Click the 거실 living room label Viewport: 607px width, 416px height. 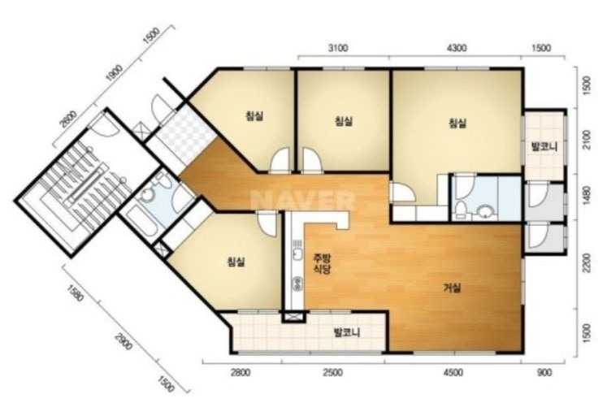click(x=452, y=288)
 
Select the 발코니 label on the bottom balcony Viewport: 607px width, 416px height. click(x=347, y=332)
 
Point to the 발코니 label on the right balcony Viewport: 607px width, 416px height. click(x=544, y=147)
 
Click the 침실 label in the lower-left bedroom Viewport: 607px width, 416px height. click(x=236, y=262)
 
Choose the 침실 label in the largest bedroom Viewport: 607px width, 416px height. click(x=457, y=123)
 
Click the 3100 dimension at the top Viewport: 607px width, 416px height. click(x=338, y=48)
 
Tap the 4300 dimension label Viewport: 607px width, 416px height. click(x=457, y=48)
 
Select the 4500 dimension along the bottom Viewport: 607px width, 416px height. click(x=453, y=373)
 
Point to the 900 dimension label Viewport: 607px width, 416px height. click(x=544, y=373)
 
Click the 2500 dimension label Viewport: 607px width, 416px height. click(x=332, y=373)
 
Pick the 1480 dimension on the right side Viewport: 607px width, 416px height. click(x=587, y=196)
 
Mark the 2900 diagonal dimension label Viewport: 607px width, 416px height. click(x=123, y=341)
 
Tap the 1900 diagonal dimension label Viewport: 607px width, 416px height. click(x=115, y=73)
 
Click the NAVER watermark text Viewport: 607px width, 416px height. click(x=303, y=201)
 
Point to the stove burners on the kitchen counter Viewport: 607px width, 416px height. click(x=297, y=284)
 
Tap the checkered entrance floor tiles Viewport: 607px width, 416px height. click(x=184, y=133)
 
